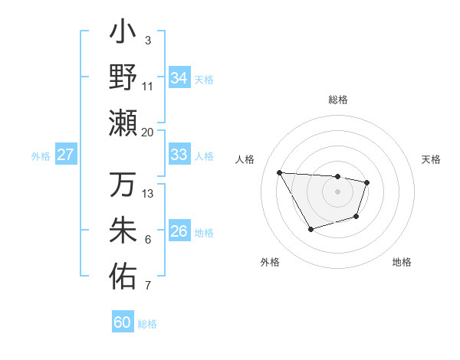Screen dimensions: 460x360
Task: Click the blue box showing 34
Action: [x=179, y=78]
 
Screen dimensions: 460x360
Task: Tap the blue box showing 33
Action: [x=179, y=155]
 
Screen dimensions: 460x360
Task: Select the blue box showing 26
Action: [x=179, y=232]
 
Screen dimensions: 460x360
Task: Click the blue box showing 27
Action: [x=65, y=155]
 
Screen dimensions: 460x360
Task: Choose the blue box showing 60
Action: [x=123, y=322]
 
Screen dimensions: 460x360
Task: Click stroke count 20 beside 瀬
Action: [x=148, y=133]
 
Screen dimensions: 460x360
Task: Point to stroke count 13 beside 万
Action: [x=148, y=194]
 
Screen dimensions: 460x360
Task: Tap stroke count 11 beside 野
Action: [x=148, y=86]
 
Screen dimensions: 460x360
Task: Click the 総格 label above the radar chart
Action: [x=337, y=100]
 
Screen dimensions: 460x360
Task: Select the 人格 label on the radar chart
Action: [x=245, y=159]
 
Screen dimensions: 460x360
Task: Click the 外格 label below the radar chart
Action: [x=270, y=262]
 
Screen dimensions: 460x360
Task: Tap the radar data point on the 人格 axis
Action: [x=280, y=172]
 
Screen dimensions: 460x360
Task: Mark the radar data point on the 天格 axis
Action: [x=367, y=182]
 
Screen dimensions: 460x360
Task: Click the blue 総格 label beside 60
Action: [x=147, y=324]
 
